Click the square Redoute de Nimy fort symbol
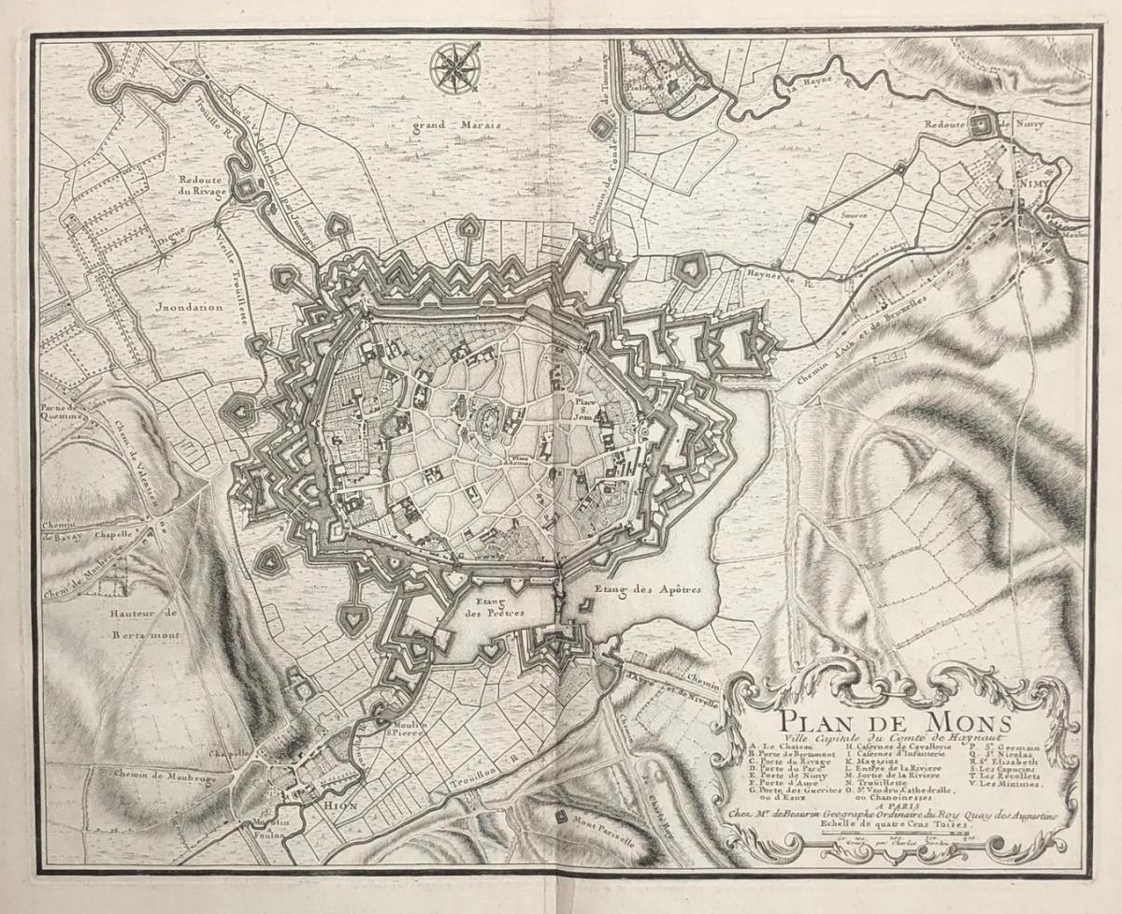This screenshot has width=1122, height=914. click(x=981, y=126)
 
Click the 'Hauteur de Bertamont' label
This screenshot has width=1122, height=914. click(x=150, y=624)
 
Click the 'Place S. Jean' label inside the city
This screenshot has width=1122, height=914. click(x=586, y=410)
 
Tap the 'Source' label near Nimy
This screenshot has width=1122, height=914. click(x=854, y=215)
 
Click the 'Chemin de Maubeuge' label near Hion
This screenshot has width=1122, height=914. click(x=151, y=775)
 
